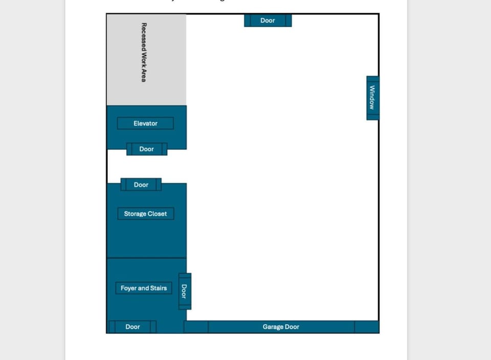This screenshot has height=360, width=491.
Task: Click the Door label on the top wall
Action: (267, 20)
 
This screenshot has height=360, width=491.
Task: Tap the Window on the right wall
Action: (372, 98)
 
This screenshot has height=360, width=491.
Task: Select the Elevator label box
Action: (145, 123)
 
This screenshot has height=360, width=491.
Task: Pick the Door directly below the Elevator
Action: (147, 149)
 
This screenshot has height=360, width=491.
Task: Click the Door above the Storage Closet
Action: (141, 185)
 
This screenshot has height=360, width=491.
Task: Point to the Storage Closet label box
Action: (145, 214)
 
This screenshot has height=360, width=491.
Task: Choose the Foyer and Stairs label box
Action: (144, 288)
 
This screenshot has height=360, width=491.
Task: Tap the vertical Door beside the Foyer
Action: (185, 291)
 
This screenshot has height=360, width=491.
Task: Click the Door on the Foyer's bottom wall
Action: (132, 327)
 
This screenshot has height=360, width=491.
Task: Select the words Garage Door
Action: (281, 327)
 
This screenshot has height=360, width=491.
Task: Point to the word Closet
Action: (157, 214)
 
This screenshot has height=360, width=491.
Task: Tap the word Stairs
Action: (157, 288)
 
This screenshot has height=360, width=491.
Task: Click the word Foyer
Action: (129, 288)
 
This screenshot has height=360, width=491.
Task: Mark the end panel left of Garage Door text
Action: (196, 327)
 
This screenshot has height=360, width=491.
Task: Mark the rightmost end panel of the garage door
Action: (366, 327)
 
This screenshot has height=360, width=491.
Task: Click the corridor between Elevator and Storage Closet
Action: (146, 166)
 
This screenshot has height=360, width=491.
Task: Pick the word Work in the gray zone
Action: (144, 59)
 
